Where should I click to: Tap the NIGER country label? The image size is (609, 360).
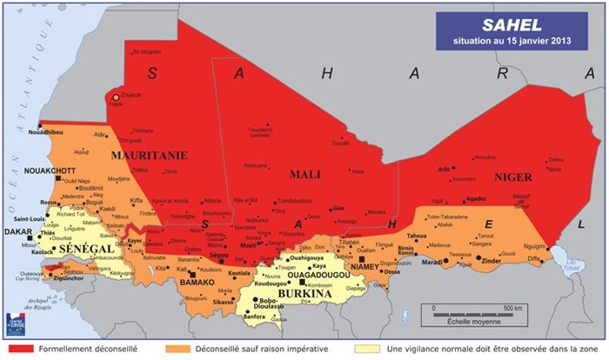[x=487, y=177]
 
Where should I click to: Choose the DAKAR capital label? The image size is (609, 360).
[x=17, y=233]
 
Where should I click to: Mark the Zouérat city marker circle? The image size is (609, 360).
[x=116, y=97]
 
